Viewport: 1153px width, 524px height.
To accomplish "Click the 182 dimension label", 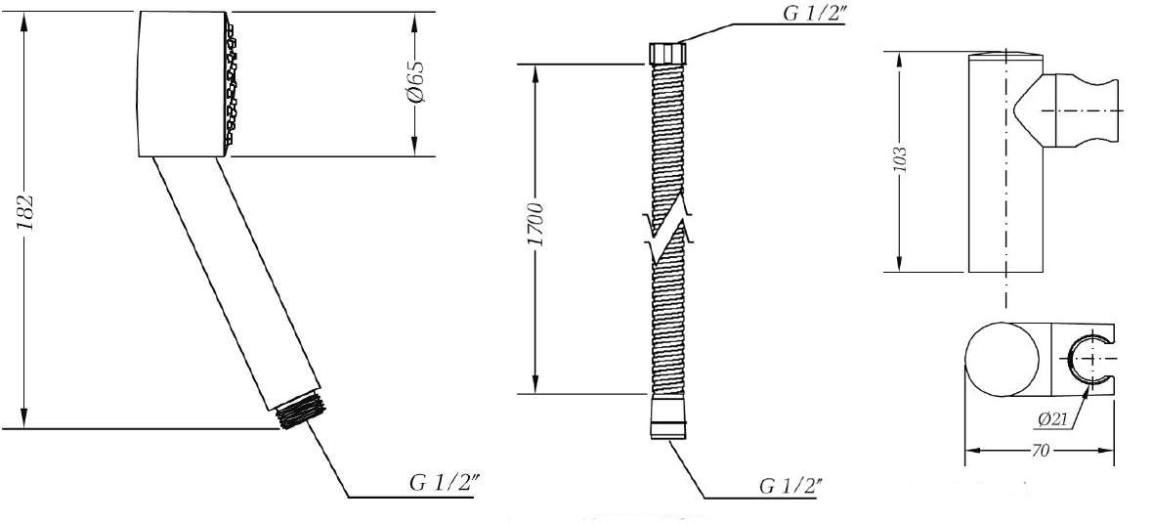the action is (x=25, y=214).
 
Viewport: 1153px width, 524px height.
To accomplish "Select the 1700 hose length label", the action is (x=536, y=225).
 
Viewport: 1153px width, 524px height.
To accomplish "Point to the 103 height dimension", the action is (x=901, y=160).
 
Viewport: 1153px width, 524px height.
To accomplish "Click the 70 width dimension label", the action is (x=1040, y=451).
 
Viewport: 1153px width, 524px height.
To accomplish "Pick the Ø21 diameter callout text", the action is (x=1052, y=419).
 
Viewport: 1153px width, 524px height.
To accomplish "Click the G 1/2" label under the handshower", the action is (x=446, y=484).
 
